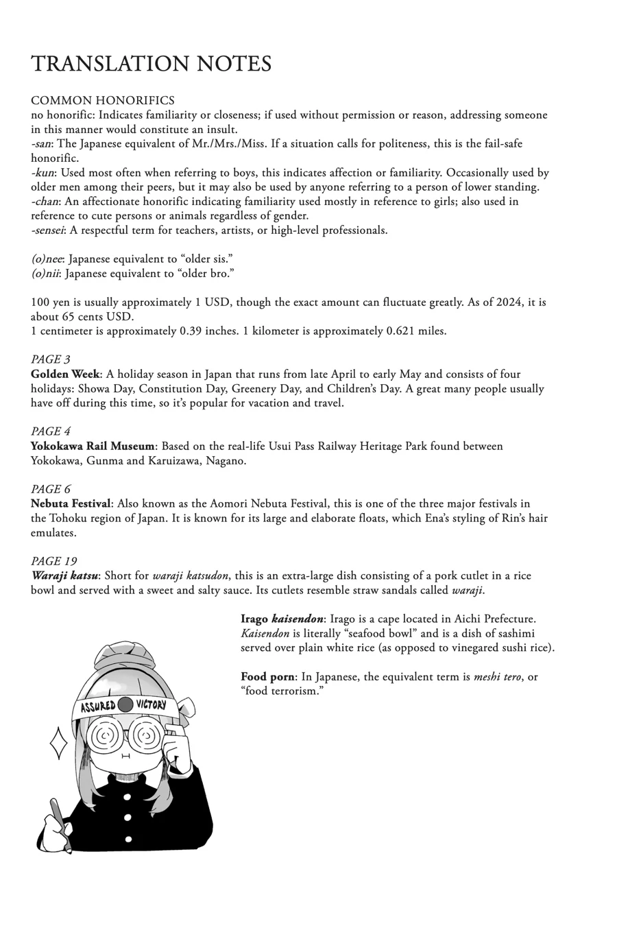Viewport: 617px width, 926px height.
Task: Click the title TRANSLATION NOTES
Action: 151,64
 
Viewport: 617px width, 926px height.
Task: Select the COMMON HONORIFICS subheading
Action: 103,101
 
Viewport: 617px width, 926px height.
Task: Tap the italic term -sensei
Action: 47,230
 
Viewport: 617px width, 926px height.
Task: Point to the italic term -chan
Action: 45,202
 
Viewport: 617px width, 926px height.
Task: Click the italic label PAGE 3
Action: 51,359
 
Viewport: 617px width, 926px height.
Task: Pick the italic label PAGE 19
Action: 53,561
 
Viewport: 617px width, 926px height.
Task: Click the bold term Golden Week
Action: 66,375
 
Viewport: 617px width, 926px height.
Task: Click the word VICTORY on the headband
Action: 151,704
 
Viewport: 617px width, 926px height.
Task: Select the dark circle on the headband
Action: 125,704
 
